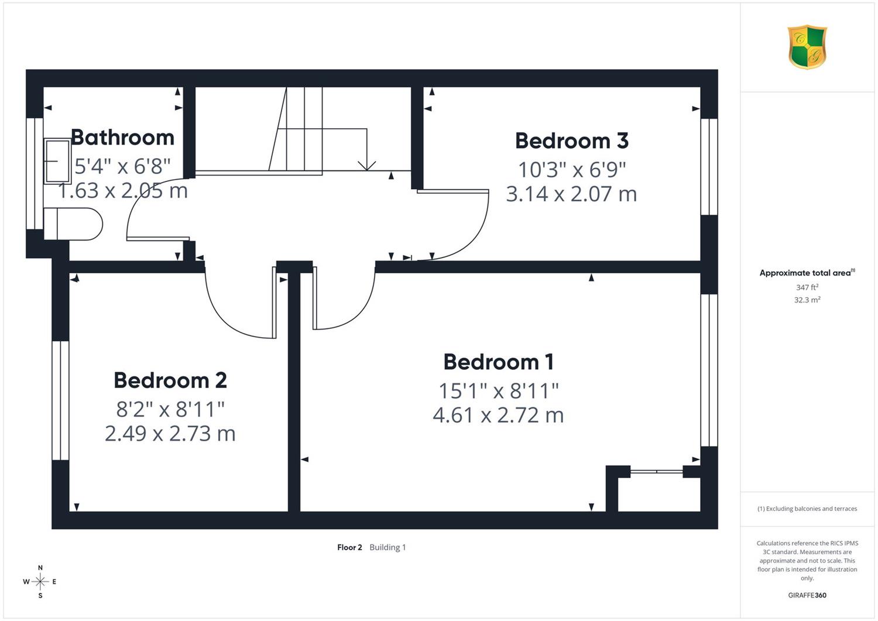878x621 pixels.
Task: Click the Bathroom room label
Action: [x=122, y=138]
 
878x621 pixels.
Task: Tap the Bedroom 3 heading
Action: [x=571, y=140]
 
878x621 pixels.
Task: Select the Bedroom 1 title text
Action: [x=498, y=362]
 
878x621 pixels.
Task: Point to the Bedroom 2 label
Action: [x=170, y=380]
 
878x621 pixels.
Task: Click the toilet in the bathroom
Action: [x=73, y=224]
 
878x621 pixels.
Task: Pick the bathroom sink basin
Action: [x=57, y=161]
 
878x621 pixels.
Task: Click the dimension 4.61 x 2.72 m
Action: [x=498, y=415]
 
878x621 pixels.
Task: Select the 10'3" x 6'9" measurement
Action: [x=571, y=170]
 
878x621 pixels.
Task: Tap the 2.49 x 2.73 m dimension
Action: [x=170, y=434]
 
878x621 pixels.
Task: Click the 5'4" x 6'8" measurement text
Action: [x=122, y=166]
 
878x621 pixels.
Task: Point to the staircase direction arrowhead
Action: [x=367, y=166]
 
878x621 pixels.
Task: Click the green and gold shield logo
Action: [x=807, y=47]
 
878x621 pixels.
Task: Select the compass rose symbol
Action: [x=40, y=581]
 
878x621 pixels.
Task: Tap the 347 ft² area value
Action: [x=807, y=287]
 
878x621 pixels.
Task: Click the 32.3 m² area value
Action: [x=807, y=300]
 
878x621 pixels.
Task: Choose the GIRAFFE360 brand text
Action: [x=807, y=595]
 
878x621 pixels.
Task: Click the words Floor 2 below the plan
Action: [x=349, y=547]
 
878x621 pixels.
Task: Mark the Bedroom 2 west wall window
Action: [x=60, y=400]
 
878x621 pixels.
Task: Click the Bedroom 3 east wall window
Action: [x=709, y=167]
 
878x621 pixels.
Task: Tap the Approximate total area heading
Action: [x=807, y=273]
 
